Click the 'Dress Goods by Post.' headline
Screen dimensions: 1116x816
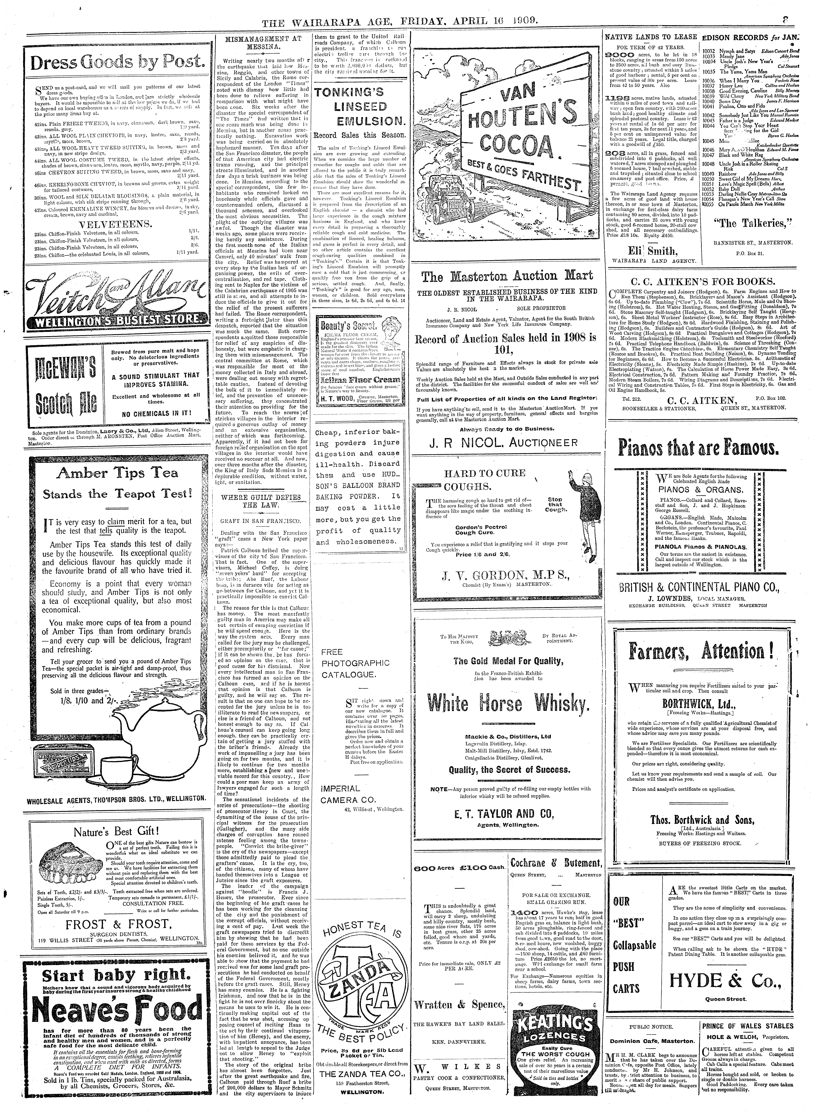(x=118, y=63)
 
